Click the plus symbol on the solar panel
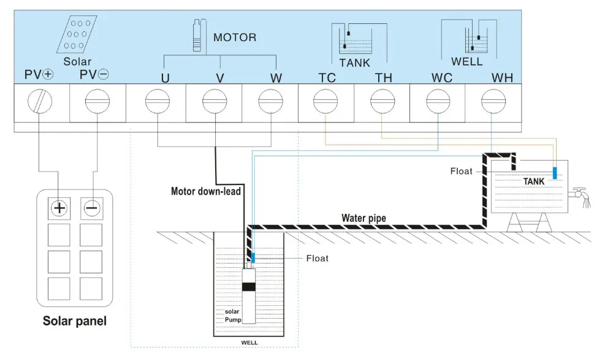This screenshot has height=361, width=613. [59, 208]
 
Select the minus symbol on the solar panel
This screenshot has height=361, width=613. [92, 208]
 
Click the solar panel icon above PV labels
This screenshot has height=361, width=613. [77, 34]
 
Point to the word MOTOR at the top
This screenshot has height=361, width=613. [235, 37]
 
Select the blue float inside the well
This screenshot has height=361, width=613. [253, 258]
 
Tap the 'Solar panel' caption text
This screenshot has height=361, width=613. [74, 321]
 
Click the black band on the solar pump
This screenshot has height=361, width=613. [249, 287]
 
